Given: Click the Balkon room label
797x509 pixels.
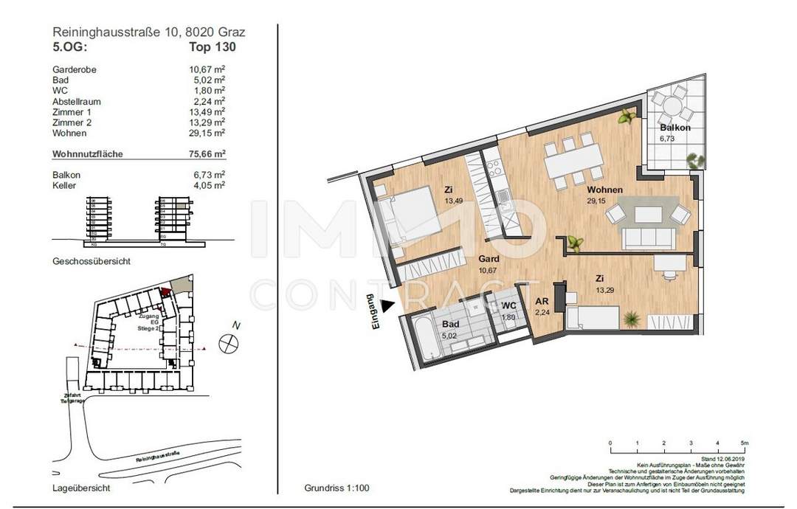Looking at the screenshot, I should (675, 128).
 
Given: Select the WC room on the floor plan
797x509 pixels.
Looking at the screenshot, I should (508, 306).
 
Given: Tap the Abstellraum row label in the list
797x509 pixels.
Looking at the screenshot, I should (77, 101).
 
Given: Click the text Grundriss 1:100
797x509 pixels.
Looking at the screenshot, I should (336, 488).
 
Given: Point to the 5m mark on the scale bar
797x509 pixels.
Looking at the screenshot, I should (745, 443).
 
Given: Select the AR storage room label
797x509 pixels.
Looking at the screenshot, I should (541, 302).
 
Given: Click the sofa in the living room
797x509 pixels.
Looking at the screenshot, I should (649, 238).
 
